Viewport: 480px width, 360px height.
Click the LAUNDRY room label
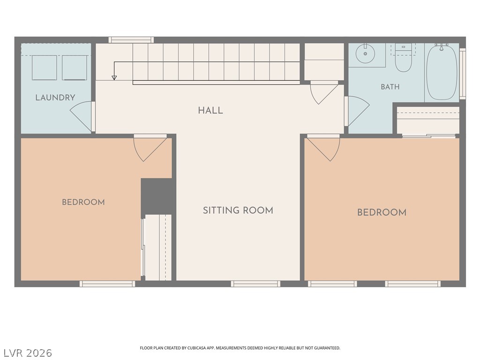click(x=55, y=97)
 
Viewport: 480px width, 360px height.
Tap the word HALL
click(x=210, y=111)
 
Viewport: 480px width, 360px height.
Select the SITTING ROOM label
click(x=238, y=210)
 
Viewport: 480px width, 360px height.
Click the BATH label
click(x=390, y=87)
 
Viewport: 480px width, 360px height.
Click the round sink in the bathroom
click(x=365, y=53)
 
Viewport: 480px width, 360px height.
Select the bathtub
click(x=442, y=72)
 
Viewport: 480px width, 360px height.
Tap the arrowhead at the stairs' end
click(x=114, y=78)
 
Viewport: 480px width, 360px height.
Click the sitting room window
click(x=255, y=284)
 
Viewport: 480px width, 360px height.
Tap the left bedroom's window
click(x=107, y=284)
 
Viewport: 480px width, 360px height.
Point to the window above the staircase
click(x=131, y=40)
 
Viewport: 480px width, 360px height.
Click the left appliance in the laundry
click(x=45, y=67)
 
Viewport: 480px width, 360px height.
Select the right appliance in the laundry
click(x=75, y=67)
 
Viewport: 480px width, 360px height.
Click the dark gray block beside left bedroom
click(x=158, y=196)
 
